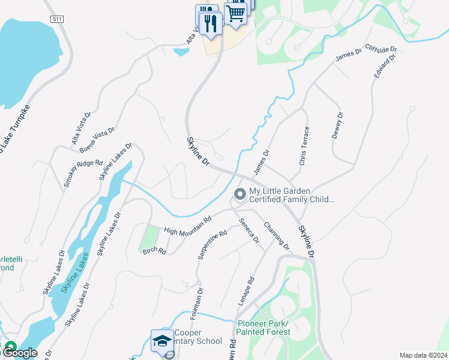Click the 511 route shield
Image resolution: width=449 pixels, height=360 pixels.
(57, 20)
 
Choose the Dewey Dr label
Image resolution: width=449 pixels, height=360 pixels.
(337, 125)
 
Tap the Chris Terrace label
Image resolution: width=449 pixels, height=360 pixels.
(305, 146)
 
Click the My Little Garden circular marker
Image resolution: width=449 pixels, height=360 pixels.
(240, 194)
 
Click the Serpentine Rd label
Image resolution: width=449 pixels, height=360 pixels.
(212, 245)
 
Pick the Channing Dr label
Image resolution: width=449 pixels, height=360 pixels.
(276, 236)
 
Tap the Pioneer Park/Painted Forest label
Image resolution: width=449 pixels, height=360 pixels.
(263, 328)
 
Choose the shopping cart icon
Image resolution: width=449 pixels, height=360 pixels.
(236, 11)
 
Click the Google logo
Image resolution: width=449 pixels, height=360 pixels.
(20, 353)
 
